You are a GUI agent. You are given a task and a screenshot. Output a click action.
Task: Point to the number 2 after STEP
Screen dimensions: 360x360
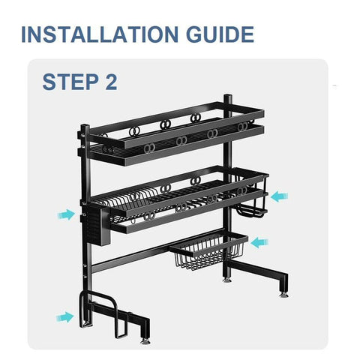click(111, 82)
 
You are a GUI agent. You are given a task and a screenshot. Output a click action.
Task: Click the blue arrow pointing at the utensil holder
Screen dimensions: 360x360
click(65, 214)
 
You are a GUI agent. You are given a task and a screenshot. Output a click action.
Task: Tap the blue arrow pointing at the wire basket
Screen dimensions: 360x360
click(259, 241)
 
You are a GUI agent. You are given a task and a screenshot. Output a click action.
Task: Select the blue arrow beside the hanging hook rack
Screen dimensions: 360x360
click(279, 196)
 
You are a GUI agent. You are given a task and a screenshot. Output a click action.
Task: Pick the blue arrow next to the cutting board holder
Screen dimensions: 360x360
click(65, 317)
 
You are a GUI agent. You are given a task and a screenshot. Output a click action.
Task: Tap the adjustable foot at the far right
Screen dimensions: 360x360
click(283, 292)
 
